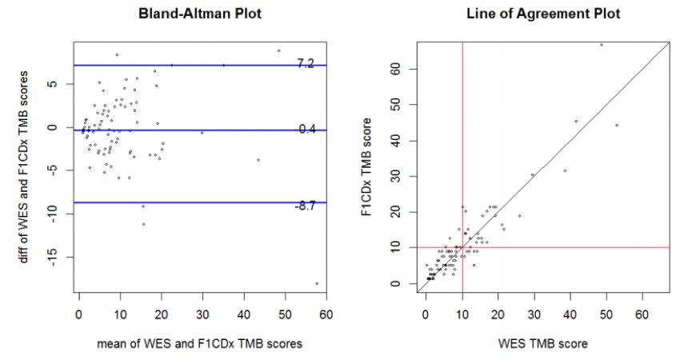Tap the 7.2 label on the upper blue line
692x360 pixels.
coord(306,63)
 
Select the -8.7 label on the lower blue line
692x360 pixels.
coord(306,206)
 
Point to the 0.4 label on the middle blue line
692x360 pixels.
coord(307,129)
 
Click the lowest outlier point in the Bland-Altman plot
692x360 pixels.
coord(317,283)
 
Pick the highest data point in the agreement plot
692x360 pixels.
coord(601,44)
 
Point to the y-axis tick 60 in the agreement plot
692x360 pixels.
coord(405,69)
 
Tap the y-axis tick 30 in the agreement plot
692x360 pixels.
coord(405,176)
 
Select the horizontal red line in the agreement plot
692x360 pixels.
coord(560,248)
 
